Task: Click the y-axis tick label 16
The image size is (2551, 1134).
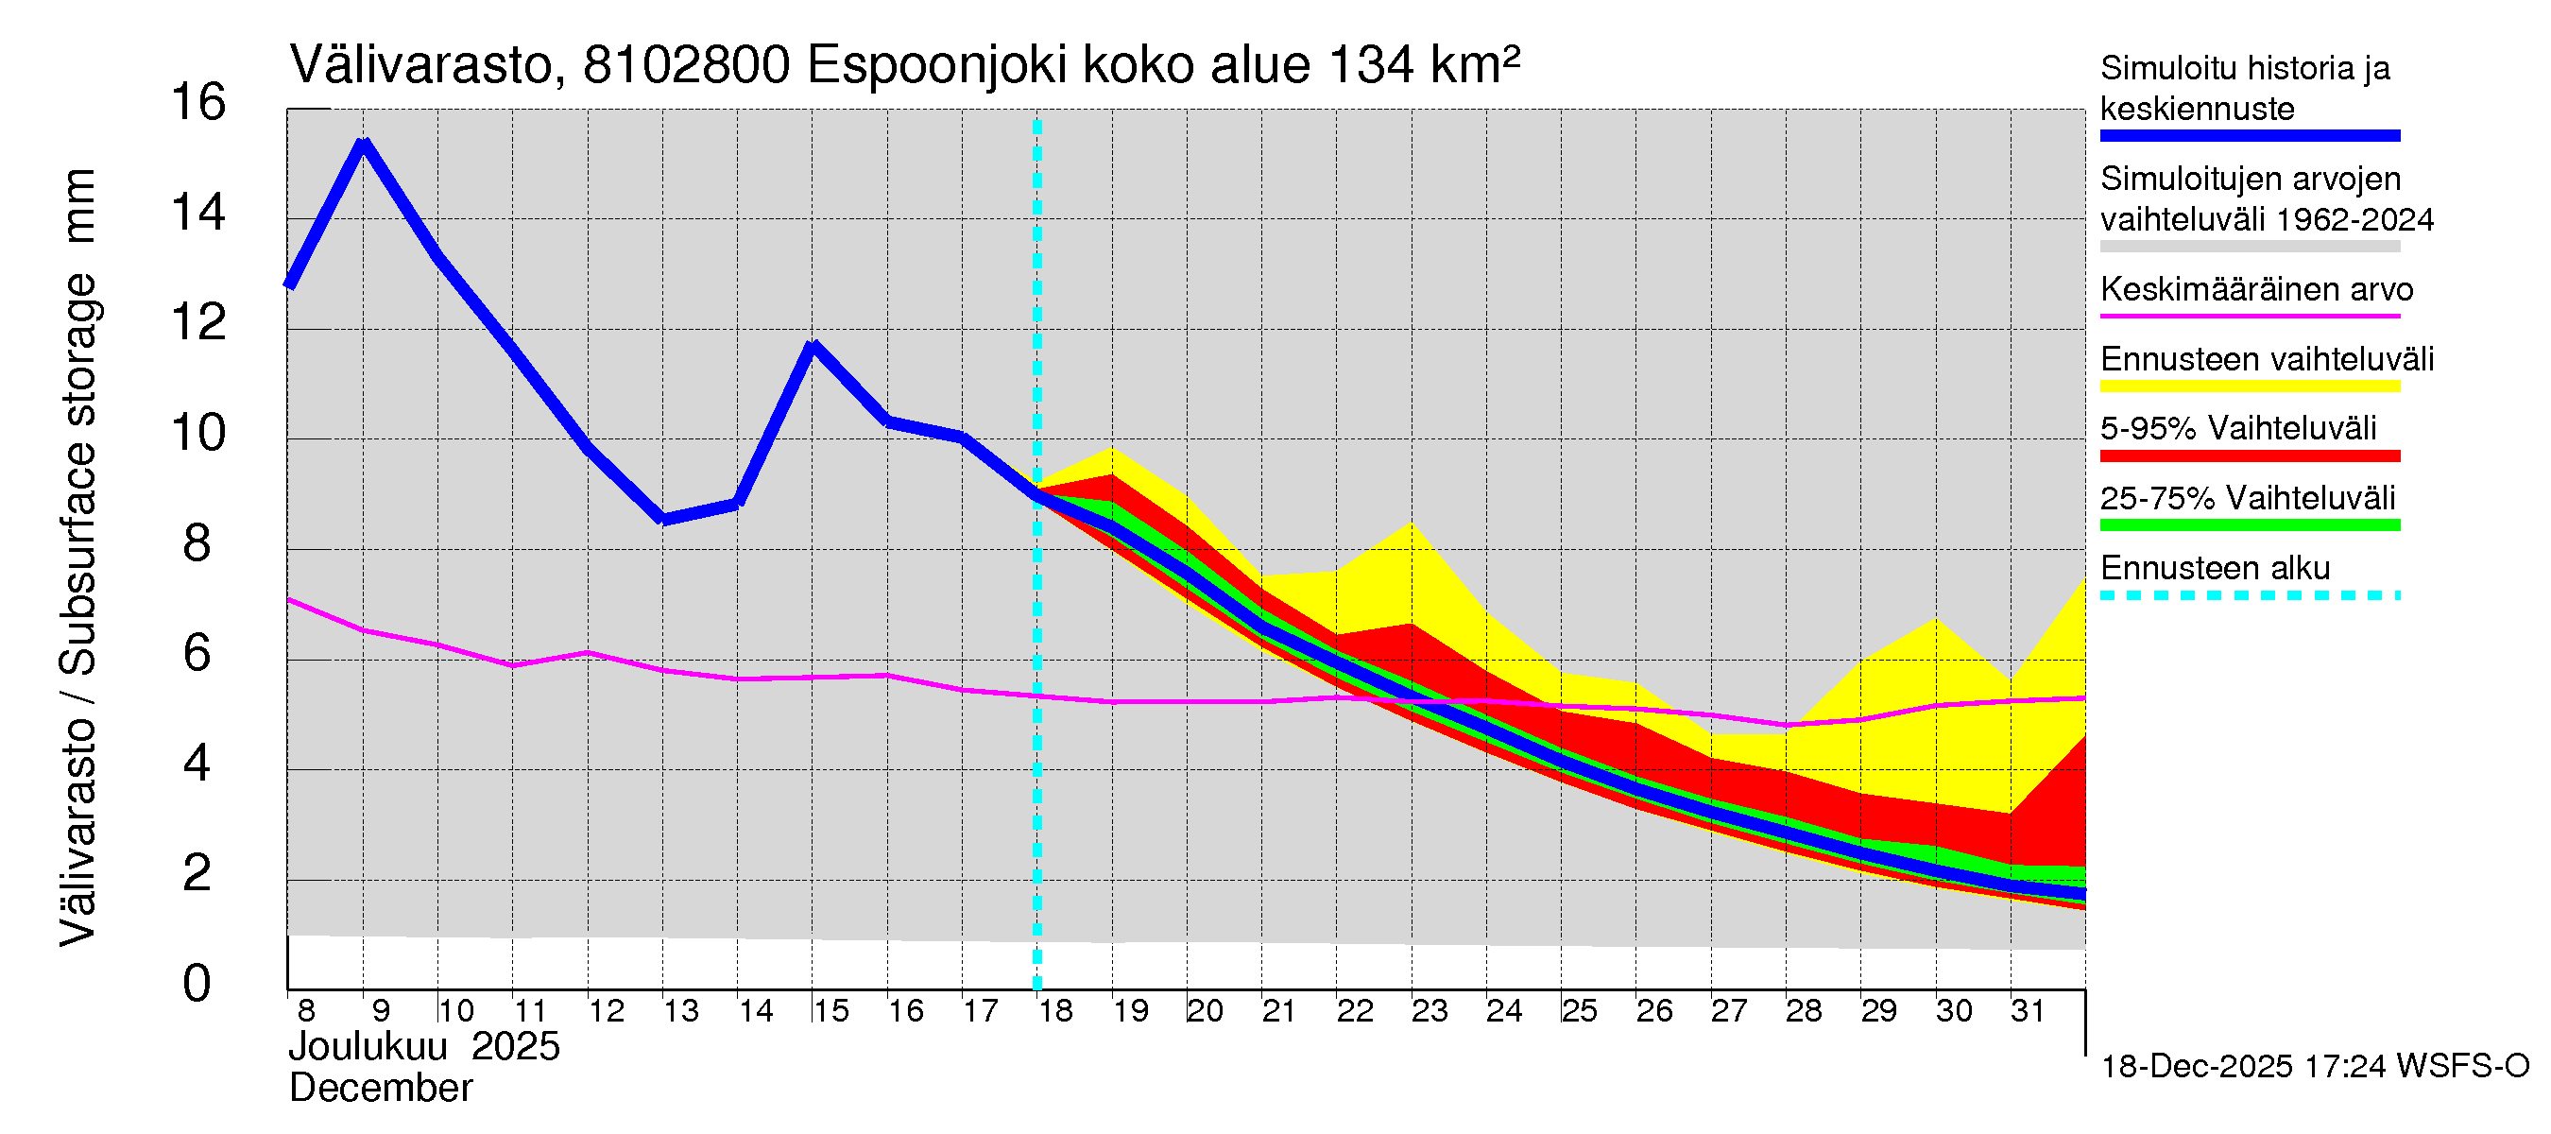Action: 198,103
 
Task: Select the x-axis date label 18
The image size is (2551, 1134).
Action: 1055,1011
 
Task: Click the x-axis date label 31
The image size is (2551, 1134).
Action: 2028,1011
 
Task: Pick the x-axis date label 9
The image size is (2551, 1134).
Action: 380,1011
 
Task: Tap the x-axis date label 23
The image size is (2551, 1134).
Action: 1429,1011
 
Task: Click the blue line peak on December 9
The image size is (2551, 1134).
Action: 364,145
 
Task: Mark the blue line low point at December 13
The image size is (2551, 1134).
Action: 663,519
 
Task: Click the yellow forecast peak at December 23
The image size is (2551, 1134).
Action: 1412,523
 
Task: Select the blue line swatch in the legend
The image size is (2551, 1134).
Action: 2250,136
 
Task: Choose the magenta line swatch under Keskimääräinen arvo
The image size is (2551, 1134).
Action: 2250,316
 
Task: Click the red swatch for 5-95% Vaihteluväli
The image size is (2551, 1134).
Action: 2250,456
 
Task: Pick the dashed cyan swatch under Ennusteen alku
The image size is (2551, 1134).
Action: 2250,596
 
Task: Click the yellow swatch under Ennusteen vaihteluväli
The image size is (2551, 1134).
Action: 2250,387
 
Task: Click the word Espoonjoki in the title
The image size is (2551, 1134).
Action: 937,66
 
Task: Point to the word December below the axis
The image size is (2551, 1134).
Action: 380,1089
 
